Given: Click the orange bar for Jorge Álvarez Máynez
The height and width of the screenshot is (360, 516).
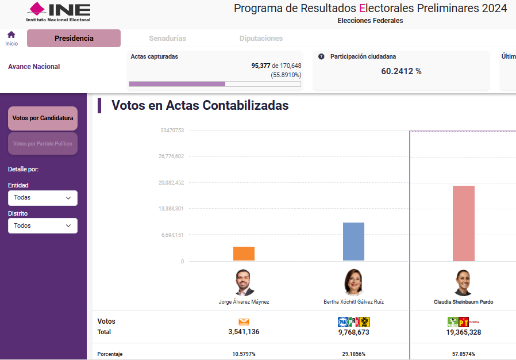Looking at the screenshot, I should tap(244, 254).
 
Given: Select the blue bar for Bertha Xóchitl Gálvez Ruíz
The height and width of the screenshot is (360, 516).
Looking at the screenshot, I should tap(353, 242).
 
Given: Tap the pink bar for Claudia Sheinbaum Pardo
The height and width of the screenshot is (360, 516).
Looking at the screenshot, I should tap(463, 223).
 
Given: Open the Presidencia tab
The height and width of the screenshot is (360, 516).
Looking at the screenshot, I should tap(74, 39).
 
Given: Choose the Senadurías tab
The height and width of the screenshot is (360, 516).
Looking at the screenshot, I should tap(167, 39).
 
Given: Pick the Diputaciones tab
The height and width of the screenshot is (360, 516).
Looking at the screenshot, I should tap(261, 39).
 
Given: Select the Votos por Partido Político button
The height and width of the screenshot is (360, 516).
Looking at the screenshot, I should tap(43, 144).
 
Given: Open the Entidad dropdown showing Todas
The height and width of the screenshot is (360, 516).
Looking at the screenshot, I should tap(43, 198).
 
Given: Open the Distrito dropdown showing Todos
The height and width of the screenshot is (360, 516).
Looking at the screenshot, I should tap(43, 226).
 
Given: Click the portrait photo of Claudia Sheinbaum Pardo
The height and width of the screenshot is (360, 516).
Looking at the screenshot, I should tap(463, 282).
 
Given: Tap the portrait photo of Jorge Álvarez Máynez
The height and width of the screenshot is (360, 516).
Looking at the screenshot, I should tap(244, 282).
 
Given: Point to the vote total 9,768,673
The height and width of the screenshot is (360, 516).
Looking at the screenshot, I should tap(353, 332).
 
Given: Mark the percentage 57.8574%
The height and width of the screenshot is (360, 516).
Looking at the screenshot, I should tap(463, 354).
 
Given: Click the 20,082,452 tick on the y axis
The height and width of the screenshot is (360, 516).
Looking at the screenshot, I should tap(171, 183).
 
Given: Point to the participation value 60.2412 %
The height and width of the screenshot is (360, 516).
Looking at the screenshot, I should tap(401, 71).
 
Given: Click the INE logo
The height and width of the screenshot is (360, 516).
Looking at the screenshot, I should tap(59, 12).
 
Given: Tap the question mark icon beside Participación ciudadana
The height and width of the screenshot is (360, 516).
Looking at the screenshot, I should tap(321, 57).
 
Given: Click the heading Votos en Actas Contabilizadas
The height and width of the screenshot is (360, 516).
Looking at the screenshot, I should tap(200, 106).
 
